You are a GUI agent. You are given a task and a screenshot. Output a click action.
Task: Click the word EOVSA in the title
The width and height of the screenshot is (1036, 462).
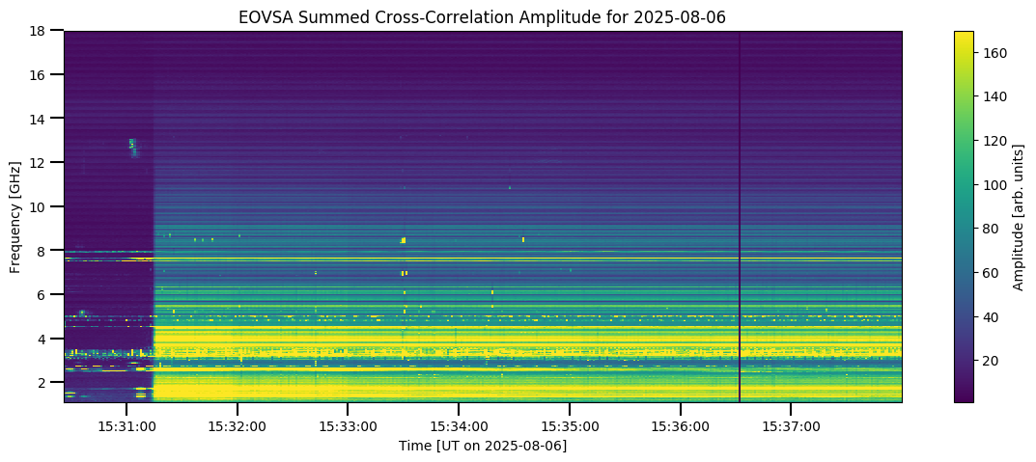(262, 17)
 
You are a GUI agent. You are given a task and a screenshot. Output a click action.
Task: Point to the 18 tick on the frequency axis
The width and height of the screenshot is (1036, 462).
(42, 31)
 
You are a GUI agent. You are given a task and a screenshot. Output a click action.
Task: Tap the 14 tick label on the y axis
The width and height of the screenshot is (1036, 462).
(42, 119)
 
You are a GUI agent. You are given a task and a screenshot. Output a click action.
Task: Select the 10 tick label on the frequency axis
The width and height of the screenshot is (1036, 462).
(42, 206)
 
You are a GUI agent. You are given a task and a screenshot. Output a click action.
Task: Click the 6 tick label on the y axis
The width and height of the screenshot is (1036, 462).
(45, 294)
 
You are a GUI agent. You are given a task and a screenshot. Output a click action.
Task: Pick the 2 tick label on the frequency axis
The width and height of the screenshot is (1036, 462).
(45, 382)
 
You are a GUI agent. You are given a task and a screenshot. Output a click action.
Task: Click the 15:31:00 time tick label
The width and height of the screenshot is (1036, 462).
(126, 426)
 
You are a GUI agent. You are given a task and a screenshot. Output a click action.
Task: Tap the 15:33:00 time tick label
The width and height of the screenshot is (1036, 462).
(348, 426)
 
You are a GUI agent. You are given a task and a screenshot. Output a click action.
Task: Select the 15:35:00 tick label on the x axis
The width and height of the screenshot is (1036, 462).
(570, 426)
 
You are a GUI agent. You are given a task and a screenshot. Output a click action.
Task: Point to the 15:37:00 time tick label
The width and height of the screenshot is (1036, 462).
(791, 426)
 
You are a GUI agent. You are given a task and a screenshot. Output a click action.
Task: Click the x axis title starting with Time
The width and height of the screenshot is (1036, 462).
(483, 446)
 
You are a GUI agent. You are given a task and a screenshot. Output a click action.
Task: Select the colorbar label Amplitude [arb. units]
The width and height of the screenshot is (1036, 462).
(1019, 217)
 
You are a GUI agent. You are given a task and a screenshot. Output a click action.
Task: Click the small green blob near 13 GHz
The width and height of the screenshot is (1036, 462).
(132, 145)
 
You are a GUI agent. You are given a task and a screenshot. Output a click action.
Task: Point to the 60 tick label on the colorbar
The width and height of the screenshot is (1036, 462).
(993, 272)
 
